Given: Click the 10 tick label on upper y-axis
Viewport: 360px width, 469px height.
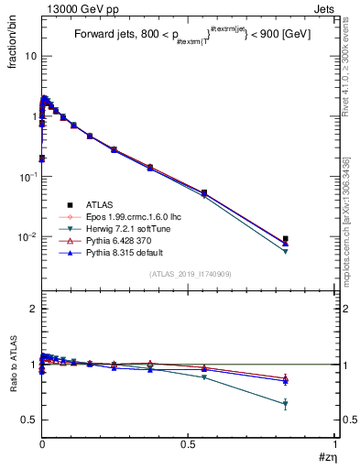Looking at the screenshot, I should point(31,56).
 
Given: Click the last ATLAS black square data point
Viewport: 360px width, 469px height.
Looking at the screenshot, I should point(286,239).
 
